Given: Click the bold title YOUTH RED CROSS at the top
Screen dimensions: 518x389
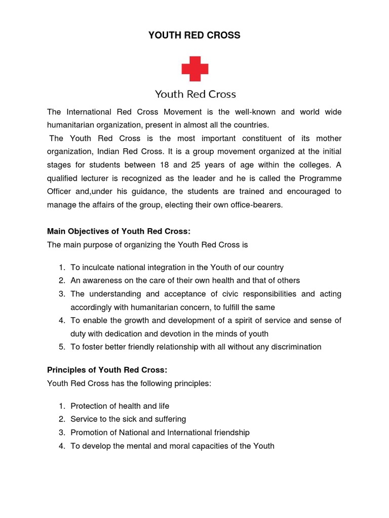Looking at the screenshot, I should coord(194,35).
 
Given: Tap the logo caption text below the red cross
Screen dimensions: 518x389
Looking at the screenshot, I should coord(195,94).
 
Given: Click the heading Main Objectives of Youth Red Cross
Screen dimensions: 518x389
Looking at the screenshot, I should coord(119,231).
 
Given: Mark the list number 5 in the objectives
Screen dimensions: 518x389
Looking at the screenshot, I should coord(61,347).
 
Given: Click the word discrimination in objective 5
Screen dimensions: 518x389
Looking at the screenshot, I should coord(295,347).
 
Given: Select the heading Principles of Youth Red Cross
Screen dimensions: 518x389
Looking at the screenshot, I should coord(107,370).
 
